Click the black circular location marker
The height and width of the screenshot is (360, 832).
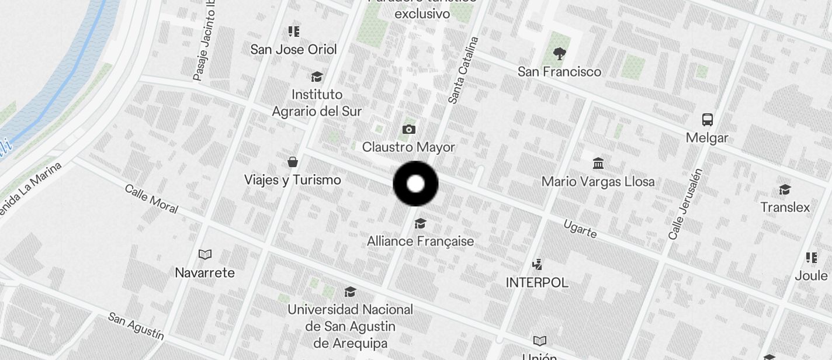click(415, 184)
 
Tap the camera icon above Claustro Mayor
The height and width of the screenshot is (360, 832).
click(409, 129)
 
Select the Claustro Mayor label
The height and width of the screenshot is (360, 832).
click(408, 147)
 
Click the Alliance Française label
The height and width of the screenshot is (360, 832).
click(420, 241)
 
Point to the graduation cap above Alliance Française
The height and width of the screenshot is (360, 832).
click(420, 224)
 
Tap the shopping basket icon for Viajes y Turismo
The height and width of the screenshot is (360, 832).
click(293, 162)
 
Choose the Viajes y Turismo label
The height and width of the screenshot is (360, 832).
click(292, 180)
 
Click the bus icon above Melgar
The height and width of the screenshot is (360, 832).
click(708, 120)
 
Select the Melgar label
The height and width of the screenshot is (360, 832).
click(707, 138)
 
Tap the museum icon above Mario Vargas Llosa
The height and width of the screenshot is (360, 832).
click(598, 163)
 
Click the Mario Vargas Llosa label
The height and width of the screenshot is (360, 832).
click(598, 182)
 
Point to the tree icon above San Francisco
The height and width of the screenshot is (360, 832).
click(560, 54)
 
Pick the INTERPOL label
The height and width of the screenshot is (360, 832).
click(537, 283)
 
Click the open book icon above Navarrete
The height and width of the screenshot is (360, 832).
click(204, 254)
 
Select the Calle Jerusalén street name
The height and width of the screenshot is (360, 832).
click(685, 204)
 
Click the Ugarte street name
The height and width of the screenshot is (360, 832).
click(580, 229)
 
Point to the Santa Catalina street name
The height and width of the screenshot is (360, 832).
click(463, 71)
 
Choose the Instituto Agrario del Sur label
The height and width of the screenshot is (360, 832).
click(317, 103)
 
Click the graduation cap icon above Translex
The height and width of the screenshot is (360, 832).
click(785, 190)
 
